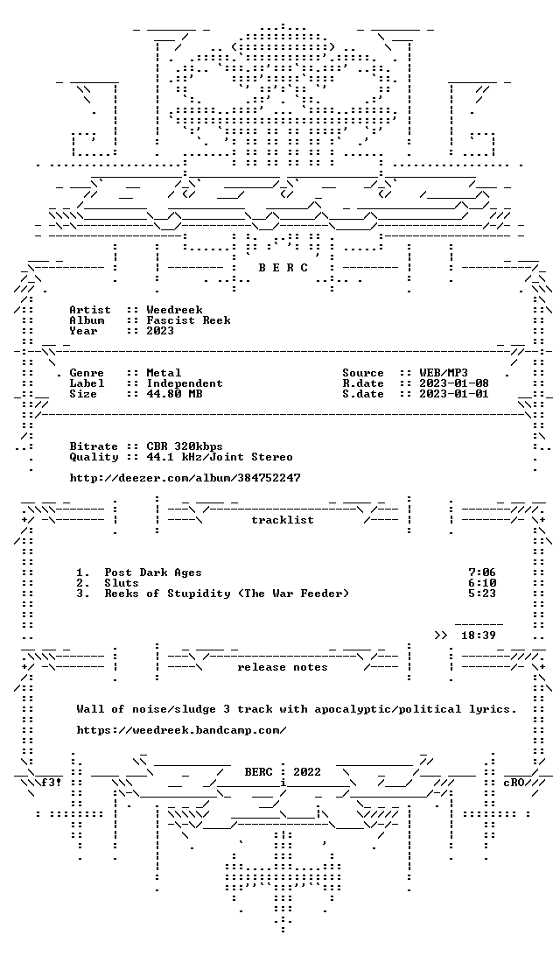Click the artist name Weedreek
(174, 310)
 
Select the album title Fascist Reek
(188, 320)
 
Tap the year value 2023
(160, 330)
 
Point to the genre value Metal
(164, 373)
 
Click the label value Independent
(185, 383)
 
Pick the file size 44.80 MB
(174, 394)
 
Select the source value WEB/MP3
(444, 373)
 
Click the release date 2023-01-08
(454, 383)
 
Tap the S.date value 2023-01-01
(454, 394)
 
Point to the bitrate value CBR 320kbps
(185, 446)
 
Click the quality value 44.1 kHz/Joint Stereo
(220, 457)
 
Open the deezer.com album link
(185, 478)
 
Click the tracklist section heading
(282, 520)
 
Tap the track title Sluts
(122, 583)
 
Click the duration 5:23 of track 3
(482, 594)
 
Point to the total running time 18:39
(479, 636)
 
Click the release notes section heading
(282, 668)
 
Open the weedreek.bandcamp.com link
(182, 730)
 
